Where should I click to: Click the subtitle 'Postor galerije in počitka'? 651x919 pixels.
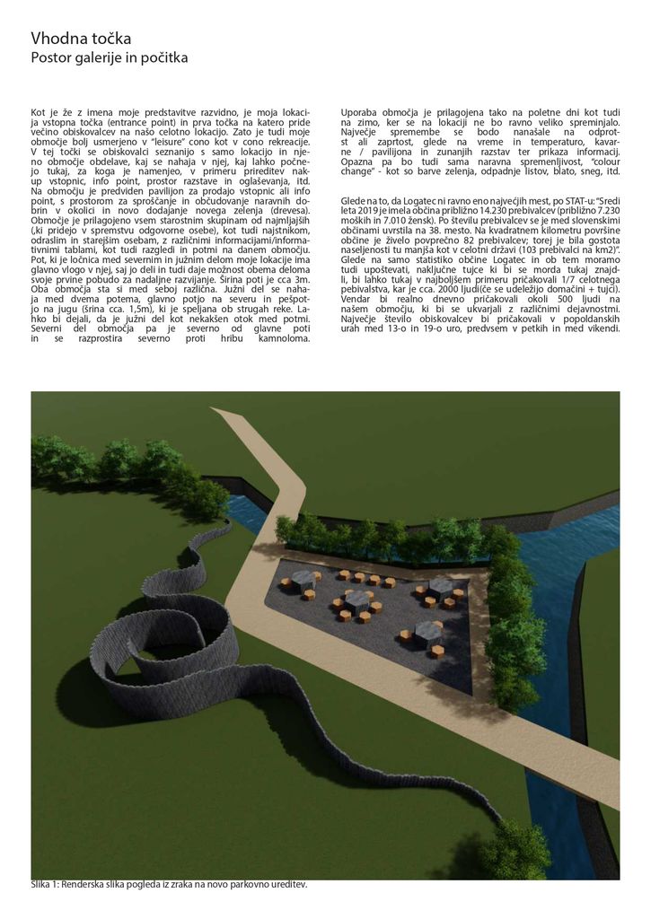click(x=109, y=58)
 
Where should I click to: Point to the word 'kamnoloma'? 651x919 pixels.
click(x=280, y=338)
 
